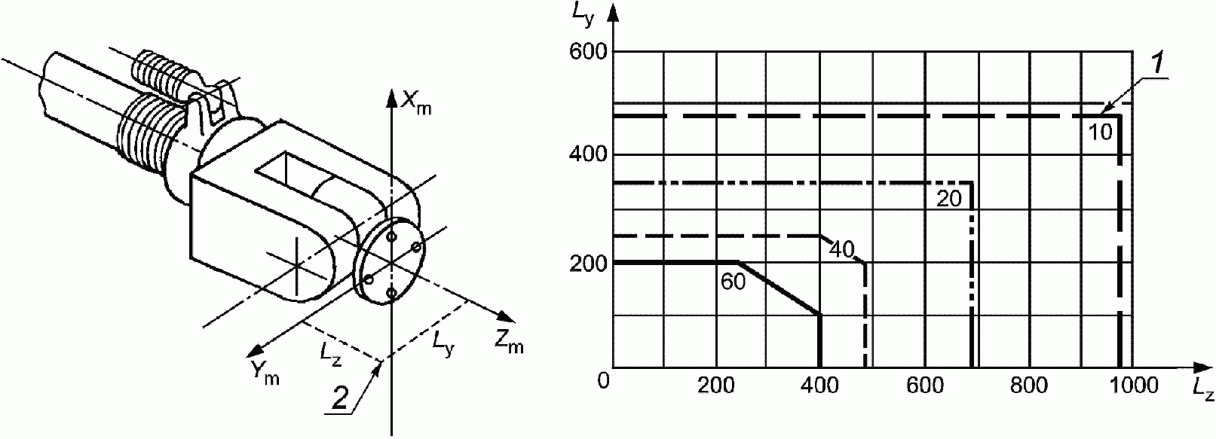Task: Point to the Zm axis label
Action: [509, 343]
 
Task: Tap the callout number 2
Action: [341, 398]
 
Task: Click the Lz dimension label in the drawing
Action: [330, 354]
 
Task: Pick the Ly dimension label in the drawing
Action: [443, 342]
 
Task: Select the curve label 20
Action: [948, 200]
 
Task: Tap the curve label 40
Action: [841, 248]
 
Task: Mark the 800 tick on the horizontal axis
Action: [1029, 385]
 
